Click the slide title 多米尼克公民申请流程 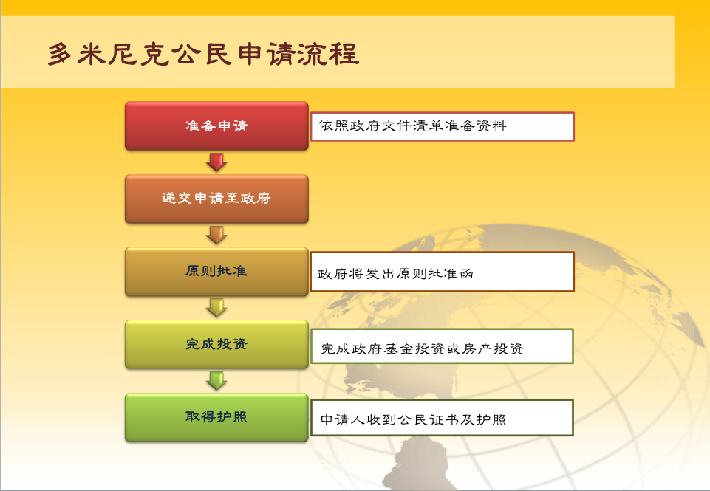(x=203, y=55)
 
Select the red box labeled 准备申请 (x=216, y=126)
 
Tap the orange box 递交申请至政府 (x=216, y=199)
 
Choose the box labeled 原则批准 (x=216, y=272)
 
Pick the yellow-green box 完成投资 (x=216, y=344)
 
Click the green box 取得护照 (x=216, y=417)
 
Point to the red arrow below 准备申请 (x=216, y=162)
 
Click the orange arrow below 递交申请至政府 (x=216, y=235)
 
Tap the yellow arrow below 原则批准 (x=216, y=308)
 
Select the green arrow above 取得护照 (x=216, y=380)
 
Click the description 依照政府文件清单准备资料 (x=412, y=126)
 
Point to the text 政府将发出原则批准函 (x=395, y=274)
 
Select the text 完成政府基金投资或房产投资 (x=423, y=348)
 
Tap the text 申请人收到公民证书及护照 (x=414, y=419)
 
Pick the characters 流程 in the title (x=330, y=55)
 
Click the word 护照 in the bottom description (x=491, y=419)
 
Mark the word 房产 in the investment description (x=477, y=348)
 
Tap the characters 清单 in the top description (x=428, y=126)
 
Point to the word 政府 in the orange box (x=256, y=198)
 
